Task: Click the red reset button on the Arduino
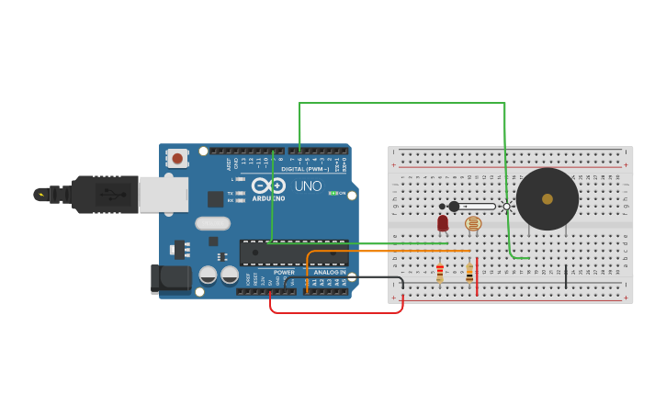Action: (177, 158)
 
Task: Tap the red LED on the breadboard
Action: (443, 223)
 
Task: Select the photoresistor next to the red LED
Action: (473, 223)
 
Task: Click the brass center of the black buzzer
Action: (547, 198)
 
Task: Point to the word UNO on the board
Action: (308, 186)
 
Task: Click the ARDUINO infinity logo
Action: (268, 186)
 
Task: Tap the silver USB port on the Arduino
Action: (164, 195)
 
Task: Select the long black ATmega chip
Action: (294, 253)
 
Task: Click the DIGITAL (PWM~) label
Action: (305, 169)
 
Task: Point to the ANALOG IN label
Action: (330, 272)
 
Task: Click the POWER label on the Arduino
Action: (285, 272)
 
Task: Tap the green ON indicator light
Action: (333, 193)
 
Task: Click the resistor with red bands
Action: (440, 273)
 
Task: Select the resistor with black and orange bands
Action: (469, 273)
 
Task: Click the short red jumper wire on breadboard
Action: (478, 276)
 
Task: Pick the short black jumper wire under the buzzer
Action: (566, 276)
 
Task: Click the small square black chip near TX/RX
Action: (215, 199)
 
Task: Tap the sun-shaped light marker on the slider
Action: (506, 207)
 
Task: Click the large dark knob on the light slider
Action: (454, 207)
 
